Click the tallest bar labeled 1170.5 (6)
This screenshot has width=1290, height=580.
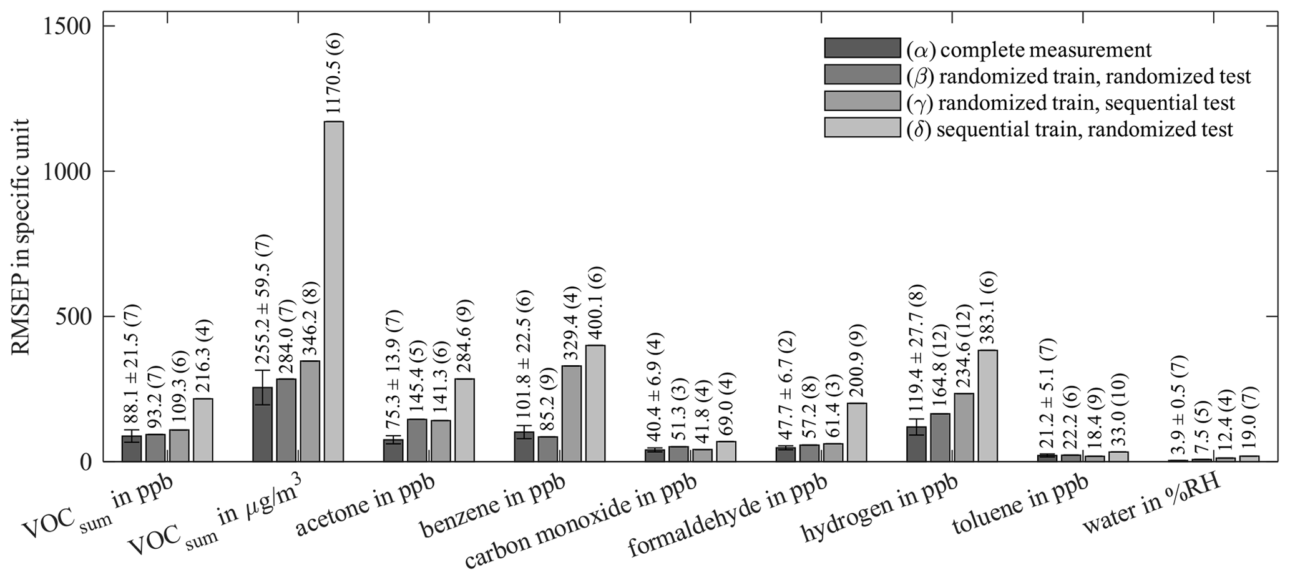coord(333,291)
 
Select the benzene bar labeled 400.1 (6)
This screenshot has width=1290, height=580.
coord(595,403)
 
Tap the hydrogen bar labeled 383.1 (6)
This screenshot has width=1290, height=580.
coord(987,406)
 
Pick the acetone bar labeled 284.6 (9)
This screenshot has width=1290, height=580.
coord(464,420)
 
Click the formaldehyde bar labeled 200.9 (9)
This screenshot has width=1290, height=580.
coord(857,432)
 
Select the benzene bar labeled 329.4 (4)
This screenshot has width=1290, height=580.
coord(571,413)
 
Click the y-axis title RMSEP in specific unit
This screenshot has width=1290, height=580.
coord(21,237)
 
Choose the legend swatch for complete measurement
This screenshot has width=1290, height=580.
coord(862,48)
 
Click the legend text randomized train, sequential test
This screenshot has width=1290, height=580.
coord(1070,102)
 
